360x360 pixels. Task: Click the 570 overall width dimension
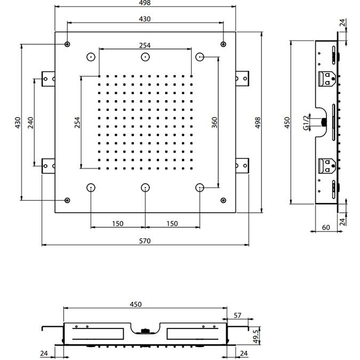point(145,241)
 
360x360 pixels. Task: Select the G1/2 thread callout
point(306,123)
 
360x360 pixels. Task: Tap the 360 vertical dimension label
point(214,122)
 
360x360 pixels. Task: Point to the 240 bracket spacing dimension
point(30,123)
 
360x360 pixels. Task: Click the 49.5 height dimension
point(256,337)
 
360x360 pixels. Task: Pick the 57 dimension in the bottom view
point(237,315)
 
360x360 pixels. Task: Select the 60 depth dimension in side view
point(326,228)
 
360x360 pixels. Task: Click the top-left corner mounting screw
point(67,44)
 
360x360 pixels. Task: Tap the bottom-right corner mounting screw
point(223,201)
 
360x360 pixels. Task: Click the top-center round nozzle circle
point(145,57)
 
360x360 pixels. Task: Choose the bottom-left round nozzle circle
point(91,188)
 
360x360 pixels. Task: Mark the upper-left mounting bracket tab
point(48,79)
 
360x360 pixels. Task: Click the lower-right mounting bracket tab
point(242,166)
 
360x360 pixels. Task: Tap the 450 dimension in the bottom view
point(135,304)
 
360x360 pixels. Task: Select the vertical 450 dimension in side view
point(287,123)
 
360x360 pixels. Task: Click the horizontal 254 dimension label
point(145,45)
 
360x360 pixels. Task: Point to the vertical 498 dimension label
point(258,123)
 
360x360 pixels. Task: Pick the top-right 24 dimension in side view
point(342,22)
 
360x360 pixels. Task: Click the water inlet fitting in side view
point(324,122)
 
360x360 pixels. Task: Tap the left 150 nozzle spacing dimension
point(118,223)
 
